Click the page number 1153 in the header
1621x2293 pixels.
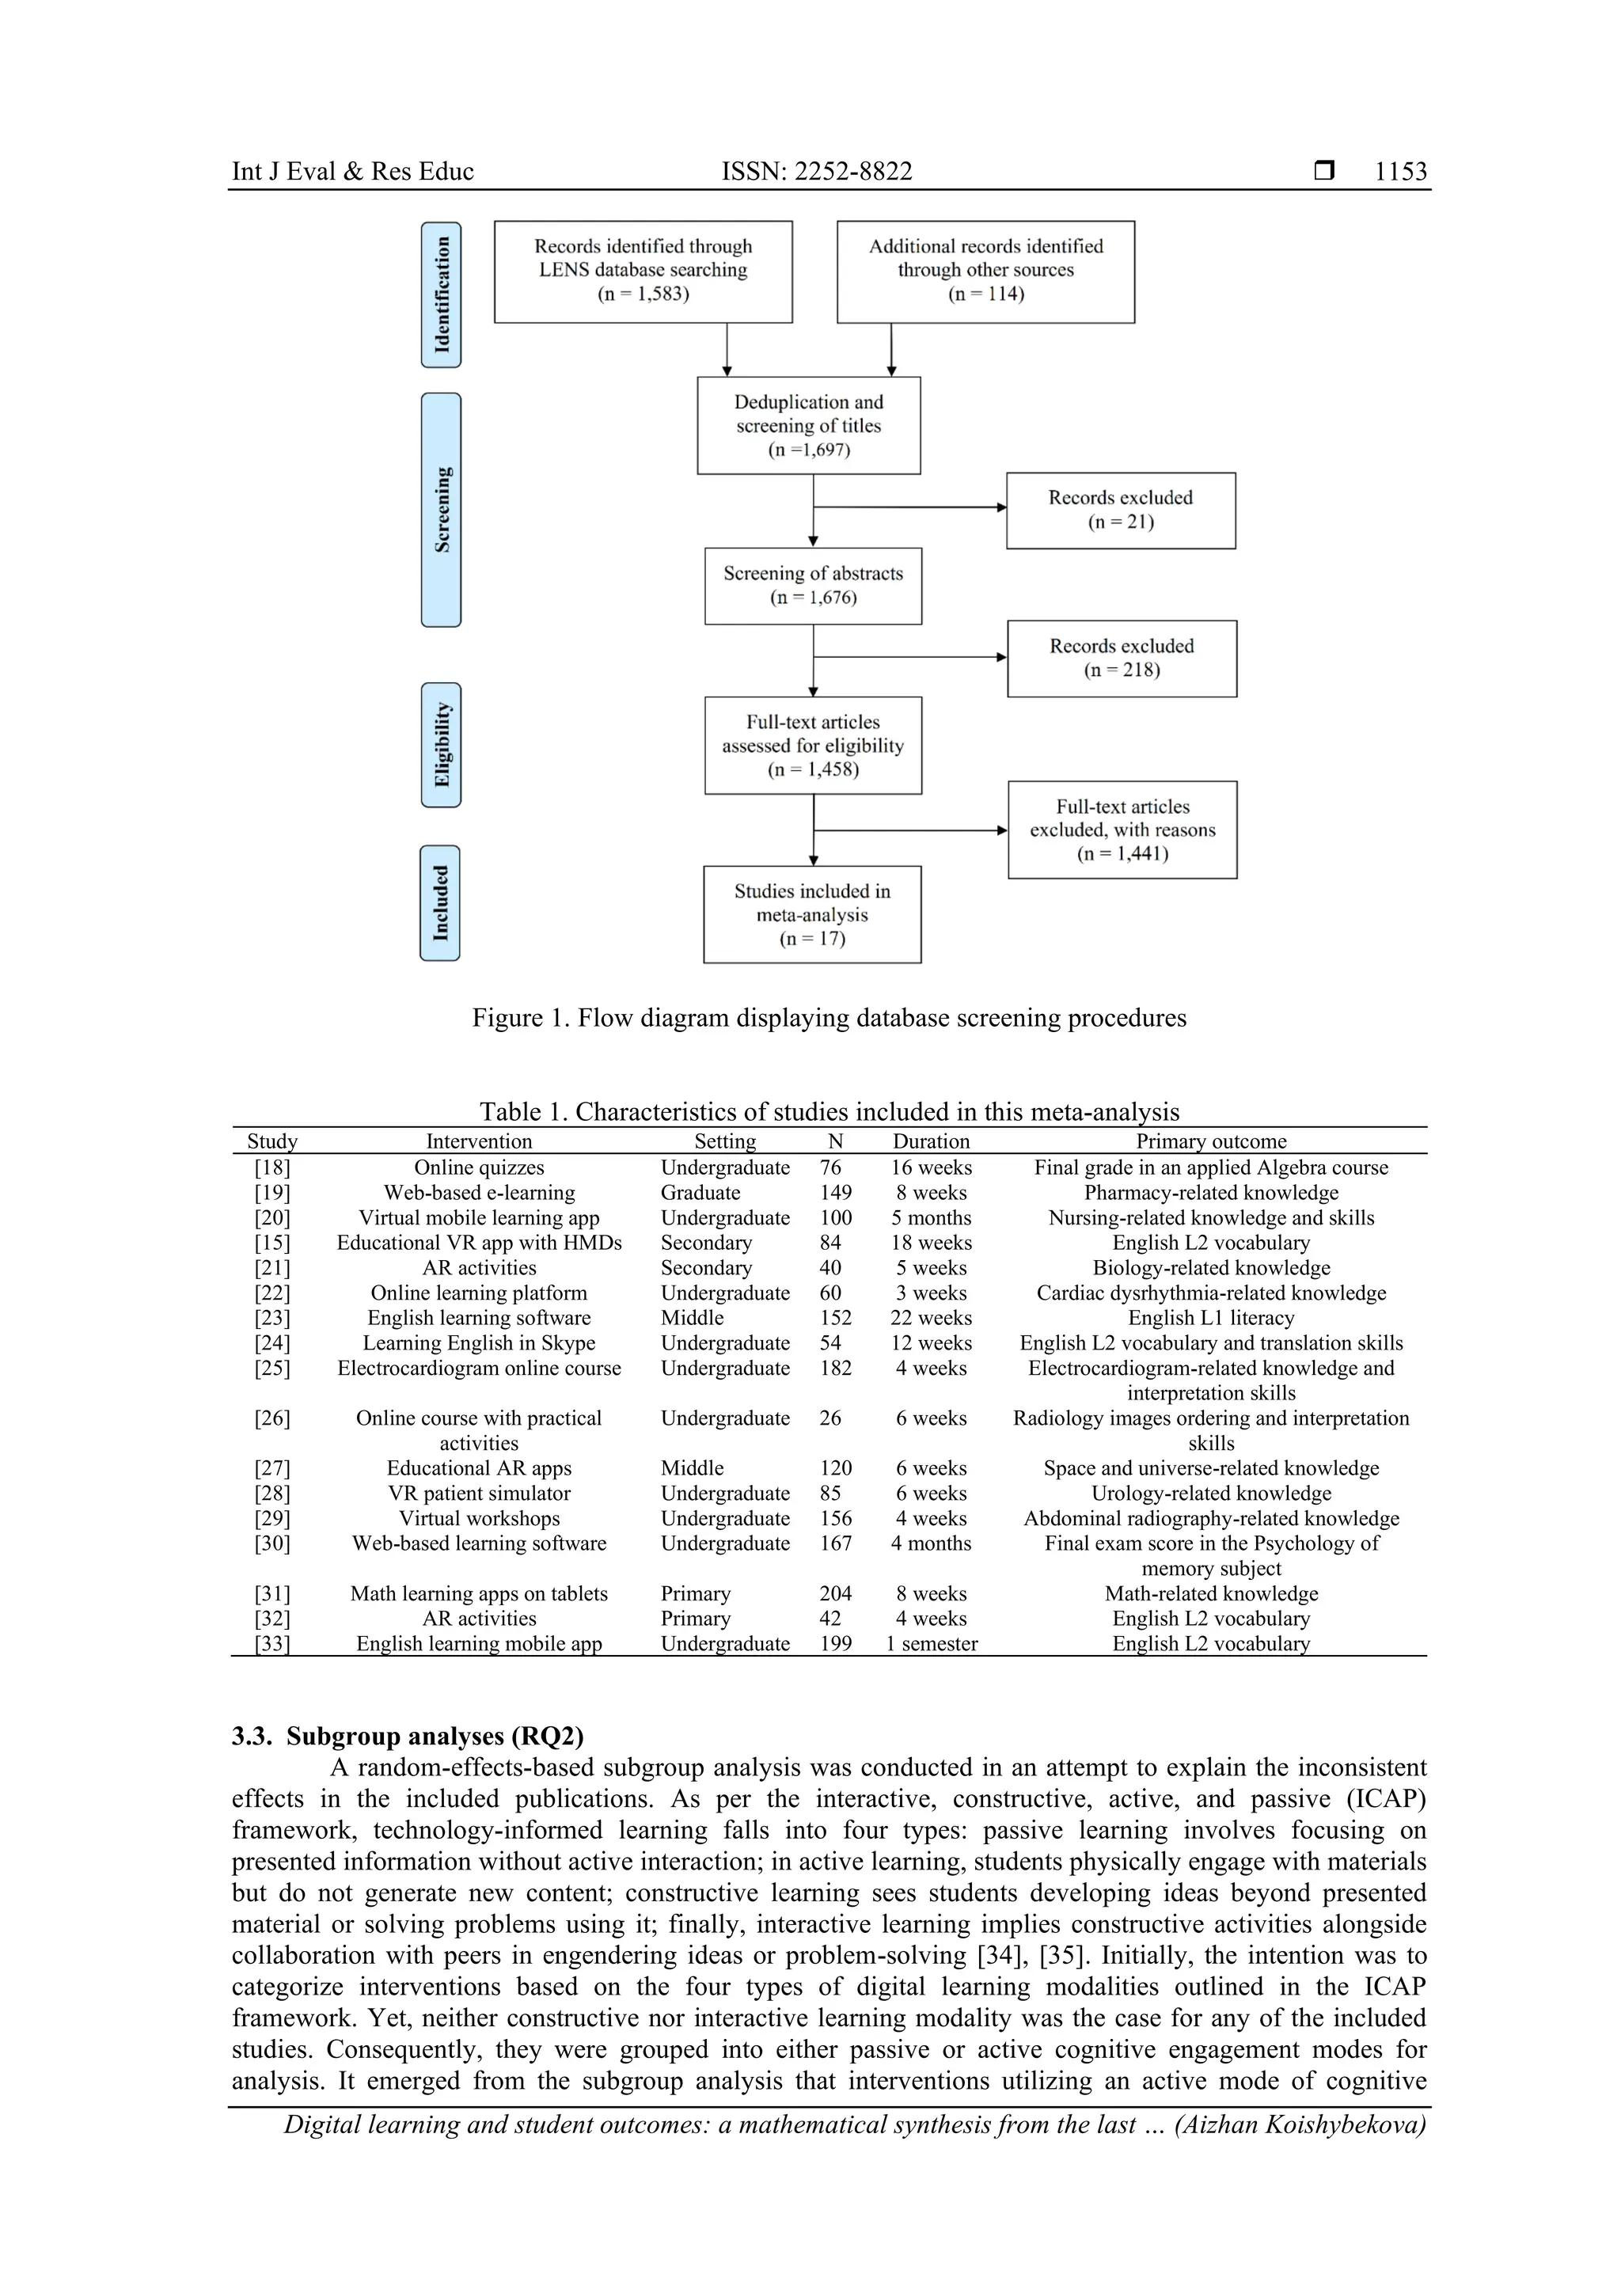(x=1400, y=172)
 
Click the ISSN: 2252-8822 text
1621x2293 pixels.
(x=816, y=172)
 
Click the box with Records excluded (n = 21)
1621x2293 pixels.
(x=1121, y=511)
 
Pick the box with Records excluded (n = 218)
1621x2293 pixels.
(x=1122, y=658)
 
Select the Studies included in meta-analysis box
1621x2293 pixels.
(x=812, y=914)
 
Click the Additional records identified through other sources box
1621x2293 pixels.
(x=985, y=271)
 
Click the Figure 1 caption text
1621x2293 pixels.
(x=829, y=1018)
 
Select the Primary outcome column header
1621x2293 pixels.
(x=1210, y=1141)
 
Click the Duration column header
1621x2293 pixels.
(x=931, y=1141)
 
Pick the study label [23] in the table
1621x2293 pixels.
(x=271, y=1319)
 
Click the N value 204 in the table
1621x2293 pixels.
(x=836, y=1594)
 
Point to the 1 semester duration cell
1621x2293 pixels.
(x=932, y=1644)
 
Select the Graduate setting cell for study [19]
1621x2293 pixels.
(x=700, y=1193)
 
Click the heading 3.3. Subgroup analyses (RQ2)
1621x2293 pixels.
(x=408, y=1737)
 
